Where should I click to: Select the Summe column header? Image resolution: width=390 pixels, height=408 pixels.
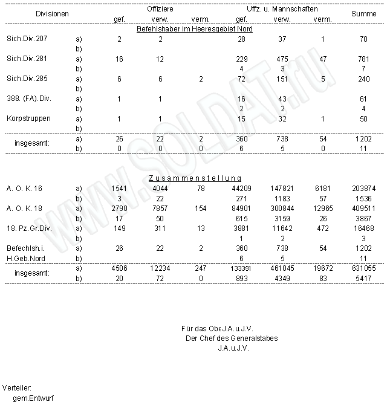pos(363,13)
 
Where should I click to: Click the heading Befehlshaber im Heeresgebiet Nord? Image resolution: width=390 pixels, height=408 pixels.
pos(195,29)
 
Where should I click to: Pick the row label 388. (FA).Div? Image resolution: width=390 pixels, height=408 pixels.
pos(27,98)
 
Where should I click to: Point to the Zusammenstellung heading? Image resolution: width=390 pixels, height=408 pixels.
pos(195,178)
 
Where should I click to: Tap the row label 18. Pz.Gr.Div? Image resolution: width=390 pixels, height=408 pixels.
pos(27,228)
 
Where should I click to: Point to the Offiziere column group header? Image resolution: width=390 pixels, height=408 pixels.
pos(160,10)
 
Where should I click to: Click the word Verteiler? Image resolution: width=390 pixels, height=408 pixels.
pos(18,387)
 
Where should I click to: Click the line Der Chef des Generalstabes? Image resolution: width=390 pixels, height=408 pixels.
pos(232,338)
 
